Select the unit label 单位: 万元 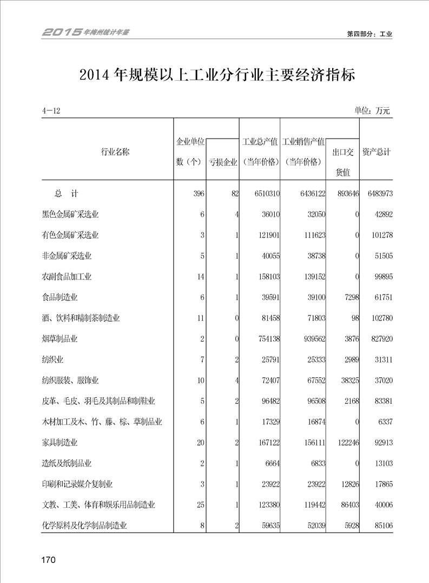372,110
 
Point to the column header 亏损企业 223,162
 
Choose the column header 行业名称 115,152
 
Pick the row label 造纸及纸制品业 67,463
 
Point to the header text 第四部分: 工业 369,34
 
